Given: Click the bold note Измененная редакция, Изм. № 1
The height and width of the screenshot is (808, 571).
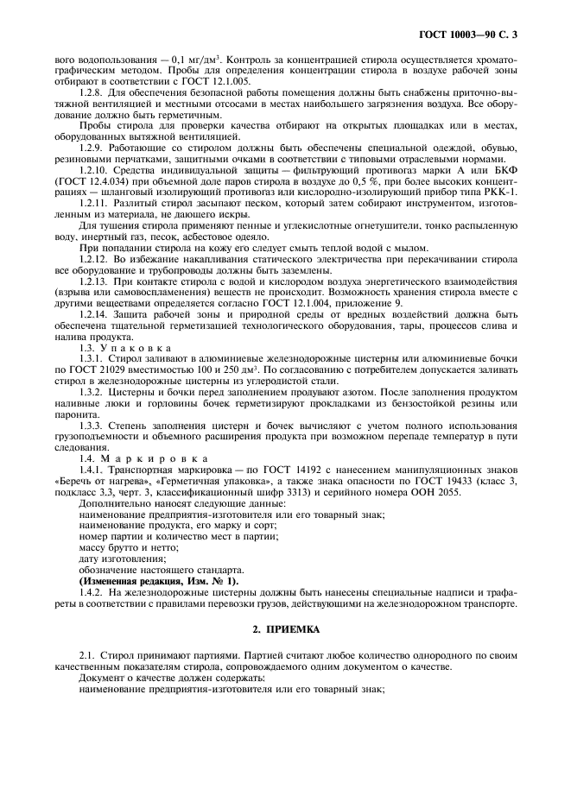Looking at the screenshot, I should point(159,580).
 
